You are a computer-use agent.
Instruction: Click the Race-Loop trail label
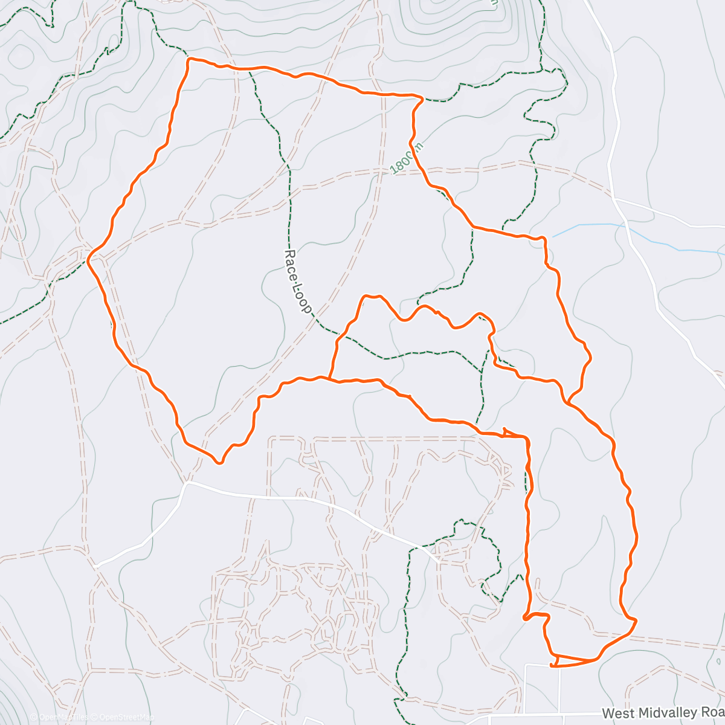click(x=298, y=282)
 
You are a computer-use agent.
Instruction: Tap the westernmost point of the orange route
click(x=88, y=260)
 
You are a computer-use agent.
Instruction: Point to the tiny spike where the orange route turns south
click(x=505, y=430)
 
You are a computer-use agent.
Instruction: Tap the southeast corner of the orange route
click(x=635, y=619)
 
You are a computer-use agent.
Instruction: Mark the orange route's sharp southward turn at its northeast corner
click(x=420, y=97)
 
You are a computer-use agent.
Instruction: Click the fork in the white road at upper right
click(x=614, y=198)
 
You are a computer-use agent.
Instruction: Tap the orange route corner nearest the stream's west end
click(x=545, y=239)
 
